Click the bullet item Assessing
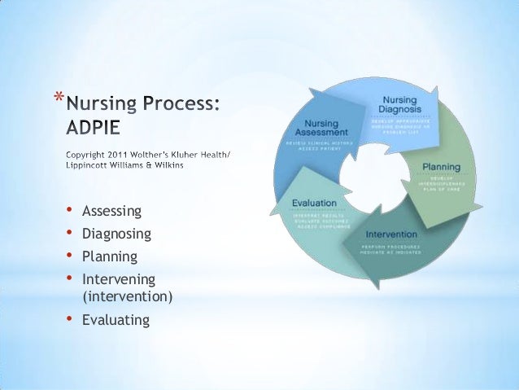(112, 212)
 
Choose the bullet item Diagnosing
(116, 234)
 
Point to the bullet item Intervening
(118, 279)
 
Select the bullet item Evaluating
(116, 319)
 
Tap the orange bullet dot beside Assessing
(70, 212)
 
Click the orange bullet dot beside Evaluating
(70, 318)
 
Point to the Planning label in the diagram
(441, 167)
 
